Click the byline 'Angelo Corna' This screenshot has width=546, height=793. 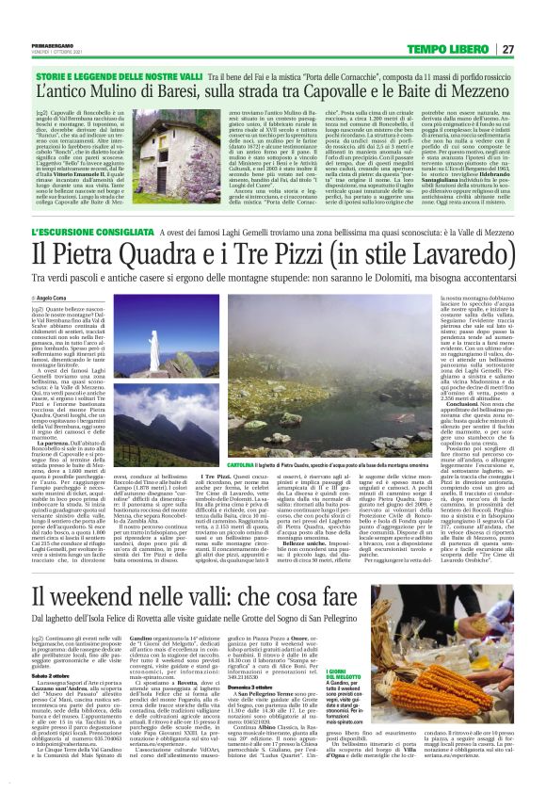tap(56, 297)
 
